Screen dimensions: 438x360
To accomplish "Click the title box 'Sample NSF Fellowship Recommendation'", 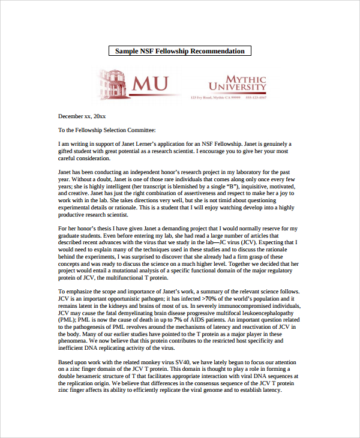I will pos(180,51).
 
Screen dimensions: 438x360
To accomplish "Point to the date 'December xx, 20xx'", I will pos(82,116).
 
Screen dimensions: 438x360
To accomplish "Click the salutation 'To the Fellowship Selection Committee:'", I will pos(107,130).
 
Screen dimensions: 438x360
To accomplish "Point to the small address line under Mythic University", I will pos(228,97).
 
